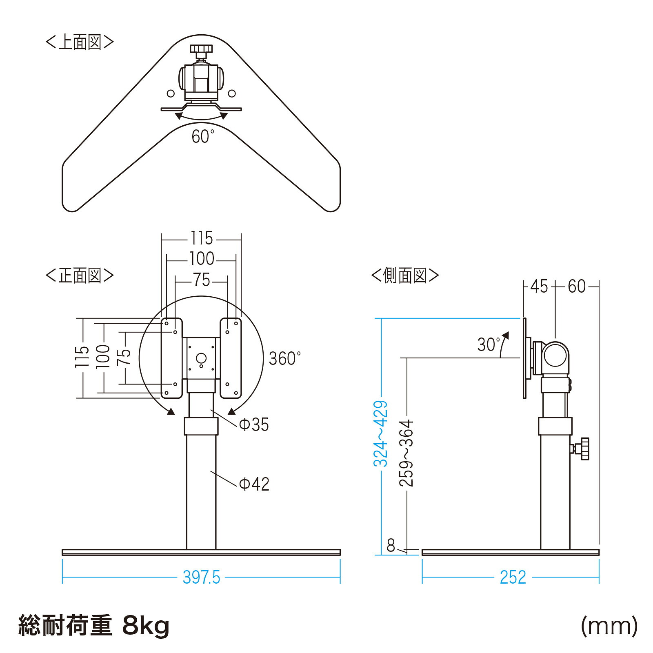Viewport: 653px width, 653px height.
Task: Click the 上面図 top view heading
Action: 80,42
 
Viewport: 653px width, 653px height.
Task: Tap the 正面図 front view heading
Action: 80,275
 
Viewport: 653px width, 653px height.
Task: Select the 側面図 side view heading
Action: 405,275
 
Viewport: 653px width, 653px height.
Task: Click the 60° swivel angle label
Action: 203,137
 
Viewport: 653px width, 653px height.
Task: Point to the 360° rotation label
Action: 284,359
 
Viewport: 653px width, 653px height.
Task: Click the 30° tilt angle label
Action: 489,344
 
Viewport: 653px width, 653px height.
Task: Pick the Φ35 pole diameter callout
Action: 254,425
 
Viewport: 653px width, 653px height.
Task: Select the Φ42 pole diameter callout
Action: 254,484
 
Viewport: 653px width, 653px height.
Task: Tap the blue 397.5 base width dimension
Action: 201,577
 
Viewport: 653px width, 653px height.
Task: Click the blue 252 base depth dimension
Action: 513,577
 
